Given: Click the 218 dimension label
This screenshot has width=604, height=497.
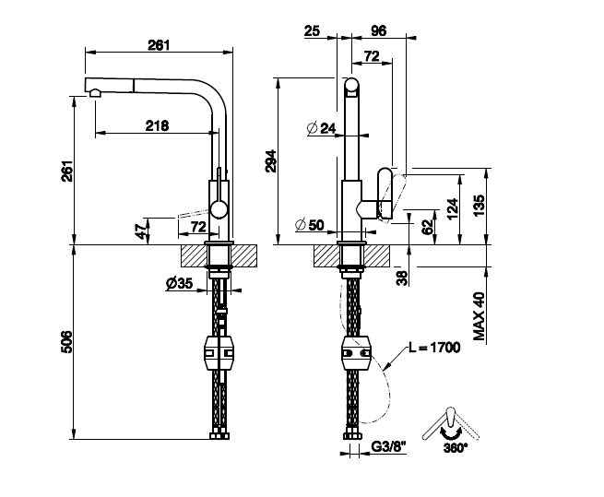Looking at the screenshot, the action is click(x=157, y=125).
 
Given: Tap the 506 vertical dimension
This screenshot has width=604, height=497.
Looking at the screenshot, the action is click(x=66, y=341).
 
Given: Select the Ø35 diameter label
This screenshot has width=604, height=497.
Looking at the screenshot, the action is click(x=179, y=283).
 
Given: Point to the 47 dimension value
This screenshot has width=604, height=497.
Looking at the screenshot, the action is click(x=143, y=231).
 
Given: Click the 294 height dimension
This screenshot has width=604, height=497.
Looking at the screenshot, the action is click(x=271, y=161).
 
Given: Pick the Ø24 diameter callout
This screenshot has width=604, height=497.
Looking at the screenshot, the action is click(x=321, y=128).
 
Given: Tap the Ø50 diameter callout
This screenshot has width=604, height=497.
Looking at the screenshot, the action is click(x=310, y=225).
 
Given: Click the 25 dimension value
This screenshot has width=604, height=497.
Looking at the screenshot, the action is click(x=312, y=30).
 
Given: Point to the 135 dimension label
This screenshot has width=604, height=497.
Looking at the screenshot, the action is click(x=479, y=205).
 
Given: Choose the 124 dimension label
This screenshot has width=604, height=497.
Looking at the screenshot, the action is click(x=454, y=208).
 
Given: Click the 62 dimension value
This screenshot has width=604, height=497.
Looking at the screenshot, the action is click(x=428, y=227).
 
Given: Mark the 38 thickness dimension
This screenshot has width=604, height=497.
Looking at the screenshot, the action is click(x=402, y=278).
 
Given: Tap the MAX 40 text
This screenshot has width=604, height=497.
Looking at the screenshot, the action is click(x=479, y=316).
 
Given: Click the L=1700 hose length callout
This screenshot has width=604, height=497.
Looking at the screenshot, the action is click(x=434, y=348).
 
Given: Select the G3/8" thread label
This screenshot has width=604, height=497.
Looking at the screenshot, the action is click(x=388, y=446).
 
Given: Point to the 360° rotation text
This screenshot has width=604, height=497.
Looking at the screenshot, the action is click(x=456, y=448).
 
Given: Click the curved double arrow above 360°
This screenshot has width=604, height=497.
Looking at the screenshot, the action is click(x=450, y=434).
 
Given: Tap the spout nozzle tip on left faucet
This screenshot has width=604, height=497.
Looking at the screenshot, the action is click(x=95, y=93).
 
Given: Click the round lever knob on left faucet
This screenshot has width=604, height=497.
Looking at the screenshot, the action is click(x=219, y=210).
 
